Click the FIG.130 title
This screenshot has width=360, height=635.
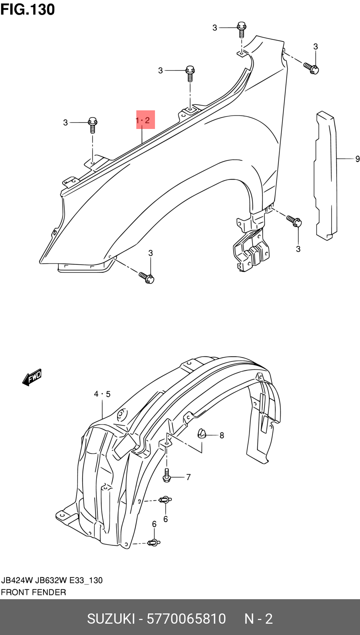(28, 9)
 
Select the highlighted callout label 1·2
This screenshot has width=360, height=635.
(143, 120)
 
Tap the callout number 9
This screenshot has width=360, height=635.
(357, 159)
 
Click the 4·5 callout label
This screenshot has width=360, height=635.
(102, 394)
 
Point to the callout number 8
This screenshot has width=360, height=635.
(222, 435)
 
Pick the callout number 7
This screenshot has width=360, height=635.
(188, 477)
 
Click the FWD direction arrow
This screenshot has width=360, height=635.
(32, 377)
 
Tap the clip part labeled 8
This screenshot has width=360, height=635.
(202, 433)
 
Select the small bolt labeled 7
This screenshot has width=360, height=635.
(167, 475)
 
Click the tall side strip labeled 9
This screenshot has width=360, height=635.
(325, 176)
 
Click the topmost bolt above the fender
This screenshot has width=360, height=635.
(241, 29)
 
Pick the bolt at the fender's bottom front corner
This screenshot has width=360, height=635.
(147, 277)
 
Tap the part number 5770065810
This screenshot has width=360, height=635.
(186, 619)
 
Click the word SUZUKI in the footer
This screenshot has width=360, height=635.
(111, 619)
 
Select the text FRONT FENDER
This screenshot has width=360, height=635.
(33, 592)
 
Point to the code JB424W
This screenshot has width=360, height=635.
(17, 580)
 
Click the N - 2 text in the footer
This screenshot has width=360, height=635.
(258, 619)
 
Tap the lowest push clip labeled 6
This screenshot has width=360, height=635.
(154, 543)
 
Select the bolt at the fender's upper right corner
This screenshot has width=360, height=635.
(311, 67)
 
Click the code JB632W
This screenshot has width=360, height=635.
(51, 580)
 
